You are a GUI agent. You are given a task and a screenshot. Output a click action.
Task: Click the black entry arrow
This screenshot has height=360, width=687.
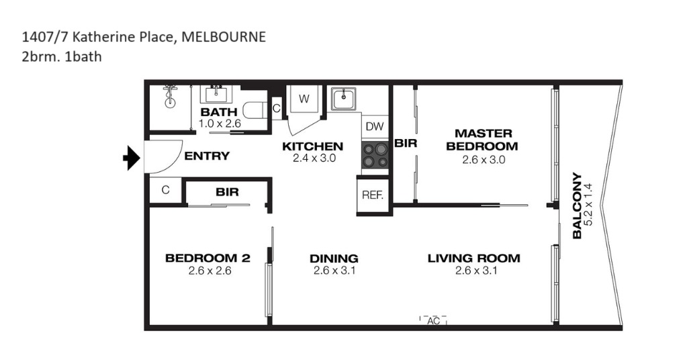coord(132,158)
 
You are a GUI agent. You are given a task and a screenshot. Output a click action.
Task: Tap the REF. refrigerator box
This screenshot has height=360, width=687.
coord(373,195)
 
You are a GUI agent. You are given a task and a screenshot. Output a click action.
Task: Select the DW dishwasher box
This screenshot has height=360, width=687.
coord(375,126)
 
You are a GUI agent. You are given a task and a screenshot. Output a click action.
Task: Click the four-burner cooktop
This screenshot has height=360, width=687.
coord(375,155)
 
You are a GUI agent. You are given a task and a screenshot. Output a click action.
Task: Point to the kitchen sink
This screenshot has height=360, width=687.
coord(344,99)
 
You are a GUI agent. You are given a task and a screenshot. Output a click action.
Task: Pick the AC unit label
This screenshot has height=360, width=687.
coord(433,321)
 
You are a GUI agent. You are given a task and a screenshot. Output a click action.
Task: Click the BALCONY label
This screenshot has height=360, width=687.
coord(578,206)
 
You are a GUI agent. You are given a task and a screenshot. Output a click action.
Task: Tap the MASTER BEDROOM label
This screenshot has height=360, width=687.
coord(482,140)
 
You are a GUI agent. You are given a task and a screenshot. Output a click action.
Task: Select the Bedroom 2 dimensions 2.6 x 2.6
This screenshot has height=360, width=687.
coord(210,271)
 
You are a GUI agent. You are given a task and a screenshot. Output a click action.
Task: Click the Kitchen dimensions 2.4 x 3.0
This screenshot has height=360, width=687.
coord(314,158)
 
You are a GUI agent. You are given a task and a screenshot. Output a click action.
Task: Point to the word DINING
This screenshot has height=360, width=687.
coord(334,259)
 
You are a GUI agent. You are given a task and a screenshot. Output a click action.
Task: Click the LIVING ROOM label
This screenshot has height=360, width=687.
coord(474,258)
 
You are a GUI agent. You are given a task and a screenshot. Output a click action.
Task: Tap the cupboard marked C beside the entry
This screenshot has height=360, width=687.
coord(166,190)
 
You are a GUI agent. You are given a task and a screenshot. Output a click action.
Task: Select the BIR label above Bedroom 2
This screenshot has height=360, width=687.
coord(227,192)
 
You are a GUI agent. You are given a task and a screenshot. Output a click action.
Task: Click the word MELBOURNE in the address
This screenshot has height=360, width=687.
coord(224,37)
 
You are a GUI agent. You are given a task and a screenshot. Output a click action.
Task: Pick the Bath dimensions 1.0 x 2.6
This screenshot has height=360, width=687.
coord(220,124)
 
